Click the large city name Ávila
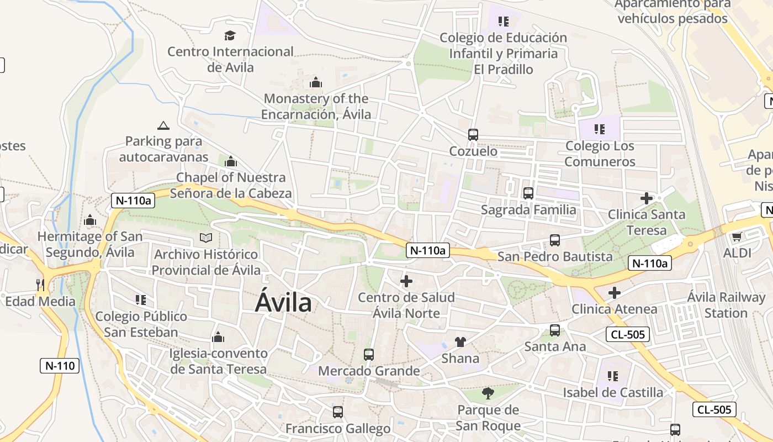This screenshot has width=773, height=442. (283, 303)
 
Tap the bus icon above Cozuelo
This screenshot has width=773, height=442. (473, 134)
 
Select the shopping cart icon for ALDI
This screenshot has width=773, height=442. (736, 237)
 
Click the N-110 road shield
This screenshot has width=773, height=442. (60, 365)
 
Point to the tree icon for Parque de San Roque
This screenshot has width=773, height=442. (488, 393)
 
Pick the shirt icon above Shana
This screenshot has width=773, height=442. (460, 342)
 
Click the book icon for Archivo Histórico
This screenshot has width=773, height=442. (206, 238)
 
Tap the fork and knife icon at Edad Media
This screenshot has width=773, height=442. (40, 285)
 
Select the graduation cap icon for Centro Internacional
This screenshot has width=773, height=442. (230, 36)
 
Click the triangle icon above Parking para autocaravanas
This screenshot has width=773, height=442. (163, 125)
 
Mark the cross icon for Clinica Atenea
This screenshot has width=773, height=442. (614, 292)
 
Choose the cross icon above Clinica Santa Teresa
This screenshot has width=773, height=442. (646, 198)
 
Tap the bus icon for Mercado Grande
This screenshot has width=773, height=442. (369, 354)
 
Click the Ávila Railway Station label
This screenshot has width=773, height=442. (726, 305)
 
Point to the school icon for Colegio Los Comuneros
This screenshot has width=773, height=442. (599, 129)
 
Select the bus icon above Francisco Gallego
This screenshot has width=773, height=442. (337, 412)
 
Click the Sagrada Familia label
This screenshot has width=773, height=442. (528, 210)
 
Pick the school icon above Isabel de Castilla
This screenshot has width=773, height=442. (612, 376)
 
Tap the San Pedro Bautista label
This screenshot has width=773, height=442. (555, 256)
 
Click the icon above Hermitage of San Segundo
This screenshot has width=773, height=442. (90, 220)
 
